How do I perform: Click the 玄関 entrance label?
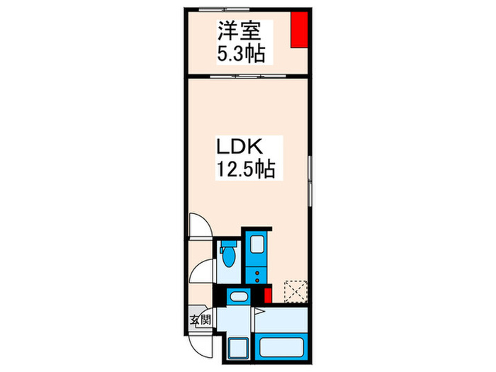tap(200, 320)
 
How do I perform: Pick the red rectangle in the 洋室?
tap(300, 29)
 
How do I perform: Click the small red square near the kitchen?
tap(268, 295)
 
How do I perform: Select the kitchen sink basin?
tap(256, 246)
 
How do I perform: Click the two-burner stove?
tap(256, 272)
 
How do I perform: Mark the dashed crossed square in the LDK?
tap(293, 292)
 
